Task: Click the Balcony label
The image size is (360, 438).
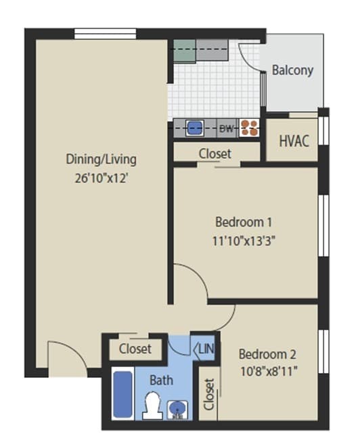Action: pyautogui.click(x=292, y=70)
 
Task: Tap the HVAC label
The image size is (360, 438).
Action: pyautogui.click(x=294, y=141)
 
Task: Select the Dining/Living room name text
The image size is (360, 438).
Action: pyautogui.click(x=101, y=160)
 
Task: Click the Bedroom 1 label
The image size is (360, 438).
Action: pyautogui.click(x=244, y=222)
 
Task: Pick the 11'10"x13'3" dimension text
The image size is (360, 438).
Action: pyautogui.click(x=244, y=241)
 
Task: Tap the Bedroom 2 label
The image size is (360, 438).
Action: pyautogui.click(x=267, y=354)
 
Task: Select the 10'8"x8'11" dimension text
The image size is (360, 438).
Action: pyautogui.click(x=268, y=370)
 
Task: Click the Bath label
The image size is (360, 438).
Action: pyautogui.click(x=161, y=380)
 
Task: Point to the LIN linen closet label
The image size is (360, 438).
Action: pyautogui.click(x=206, y=349)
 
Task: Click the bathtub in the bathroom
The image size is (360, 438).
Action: pyautogui.click(x=122, y=393)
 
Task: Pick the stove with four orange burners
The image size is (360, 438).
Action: pyautogui.click(x=249, y=128)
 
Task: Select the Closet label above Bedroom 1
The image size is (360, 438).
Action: pyautogui.click(x=215, y=153)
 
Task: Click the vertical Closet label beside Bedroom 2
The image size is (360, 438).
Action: pyautogui.click(x=208, y=394)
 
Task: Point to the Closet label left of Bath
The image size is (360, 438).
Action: pyautogui.click(x=135, y=349)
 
